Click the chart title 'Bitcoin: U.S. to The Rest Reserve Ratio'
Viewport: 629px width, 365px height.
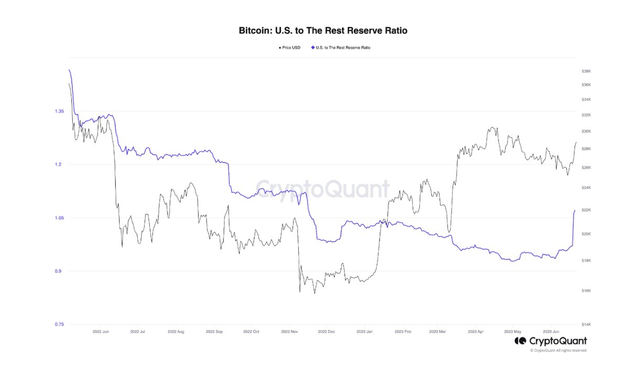point(323,31)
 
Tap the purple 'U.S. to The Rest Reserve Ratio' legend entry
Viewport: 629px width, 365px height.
point(344,48)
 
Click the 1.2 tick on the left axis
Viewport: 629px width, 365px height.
point(59,165)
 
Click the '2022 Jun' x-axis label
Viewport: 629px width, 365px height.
point(101,332)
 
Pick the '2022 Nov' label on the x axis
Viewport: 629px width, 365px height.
point(289,332)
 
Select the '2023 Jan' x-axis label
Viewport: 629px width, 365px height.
point(364,332)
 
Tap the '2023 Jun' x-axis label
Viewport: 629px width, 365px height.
point(553,332)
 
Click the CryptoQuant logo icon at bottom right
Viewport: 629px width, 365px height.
point(520,341)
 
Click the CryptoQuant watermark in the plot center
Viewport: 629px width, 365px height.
point(323,189)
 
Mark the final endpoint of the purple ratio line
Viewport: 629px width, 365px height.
point(575,210)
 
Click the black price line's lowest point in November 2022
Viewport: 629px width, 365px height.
point(300,292)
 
